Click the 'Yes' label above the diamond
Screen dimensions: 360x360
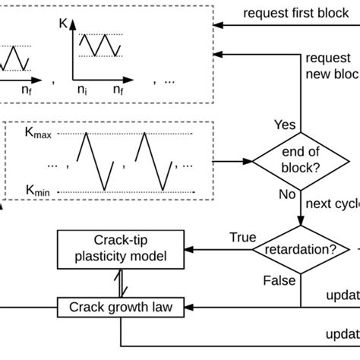coord(285,123)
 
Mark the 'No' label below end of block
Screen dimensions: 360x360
coord(287,195)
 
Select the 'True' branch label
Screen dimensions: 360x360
coord(243,237)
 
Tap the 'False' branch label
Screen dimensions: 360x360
coord(279,280)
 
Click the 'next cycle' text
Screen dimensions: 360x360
coord(331,204)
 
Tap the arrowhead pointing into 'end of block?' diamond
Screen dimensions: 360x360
coord(248,161)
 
